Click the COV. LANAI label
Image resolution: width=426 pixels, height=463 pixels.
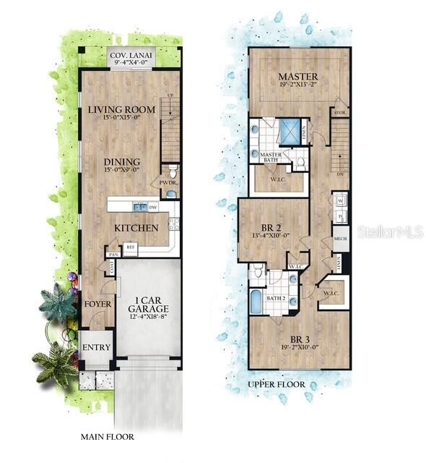[x=130, y=56]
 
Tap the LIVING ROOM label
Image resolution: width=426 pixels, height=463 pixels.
[x=122, y=110]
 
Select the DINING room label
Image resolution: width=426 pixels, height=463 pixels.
[x=122, y=163]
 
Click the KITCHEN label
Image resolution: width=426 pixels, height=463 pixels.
[x=136, y=228]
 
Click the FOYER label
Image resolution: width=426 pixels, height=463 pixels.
[x=97, y=304]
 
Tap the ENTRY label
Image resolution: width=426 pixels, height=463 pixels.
[x=96, y=347]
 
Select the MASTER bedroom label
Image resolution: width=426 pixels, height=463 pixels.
[x=297, y=77]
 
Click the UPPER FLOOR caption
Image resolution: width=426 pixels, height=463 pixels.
[x=277, y=384]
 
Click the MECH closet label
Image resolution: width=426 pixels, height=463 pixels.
[x=341, y=238]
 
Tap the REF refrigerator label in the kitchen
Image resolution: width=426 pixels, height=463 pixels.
[x=131, y=247]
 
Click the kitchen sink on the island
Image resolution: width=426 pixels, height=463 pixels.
[x=142, y=208]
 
